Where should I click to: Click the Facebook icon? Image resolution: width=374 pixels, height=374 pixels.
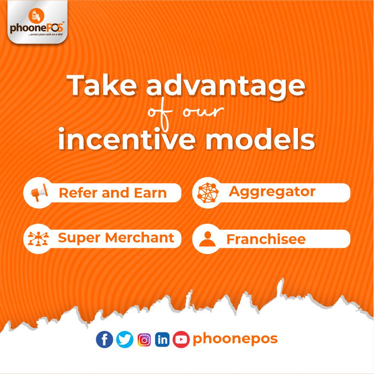pos(105,339)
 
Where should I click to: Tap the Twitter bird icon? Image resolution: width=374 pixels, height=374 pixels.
pos(125,339)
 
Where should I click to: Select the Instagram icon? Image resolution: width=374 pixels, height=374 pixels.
pos(144,339)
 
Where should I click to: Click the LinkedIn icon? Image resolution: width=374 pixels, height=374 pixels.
pos(162,339)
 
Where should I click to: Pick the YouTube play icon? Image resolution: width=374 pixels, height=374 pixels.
pos(181,339)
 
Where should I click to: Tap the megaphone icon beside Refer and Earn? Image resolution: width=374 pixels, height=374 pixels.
pos(39,192)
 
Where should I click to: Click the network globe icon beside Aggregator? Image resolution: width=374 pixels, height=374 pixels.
pos(208,193)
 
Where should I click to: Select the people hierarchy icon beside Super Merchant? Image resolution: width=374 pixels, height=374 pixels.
pos(38,239)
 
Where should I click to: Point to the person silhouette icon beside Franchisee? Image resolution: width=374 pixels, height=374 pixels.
pos(207,239)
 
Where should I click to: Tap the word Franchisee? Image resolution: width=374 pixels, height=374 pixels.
pos(266,239)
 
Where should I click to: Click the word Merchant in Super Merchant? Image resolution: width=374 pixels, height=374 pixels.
pos(140,238)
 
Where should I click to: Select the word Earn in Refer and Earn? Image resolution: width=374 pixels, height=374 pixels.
pos(150,193)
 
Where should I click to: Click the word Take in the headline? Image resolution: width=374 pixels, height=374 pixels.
pos(103,85)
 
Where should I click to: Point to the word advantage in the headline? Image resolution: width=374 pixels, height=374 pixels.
pos(226,87)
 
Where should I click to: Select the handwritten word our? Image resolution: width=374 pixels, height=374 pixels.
pos(204,111)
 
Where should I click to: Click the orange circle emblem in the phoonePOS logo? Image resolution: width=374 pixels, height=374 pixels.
pos(36,16)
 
